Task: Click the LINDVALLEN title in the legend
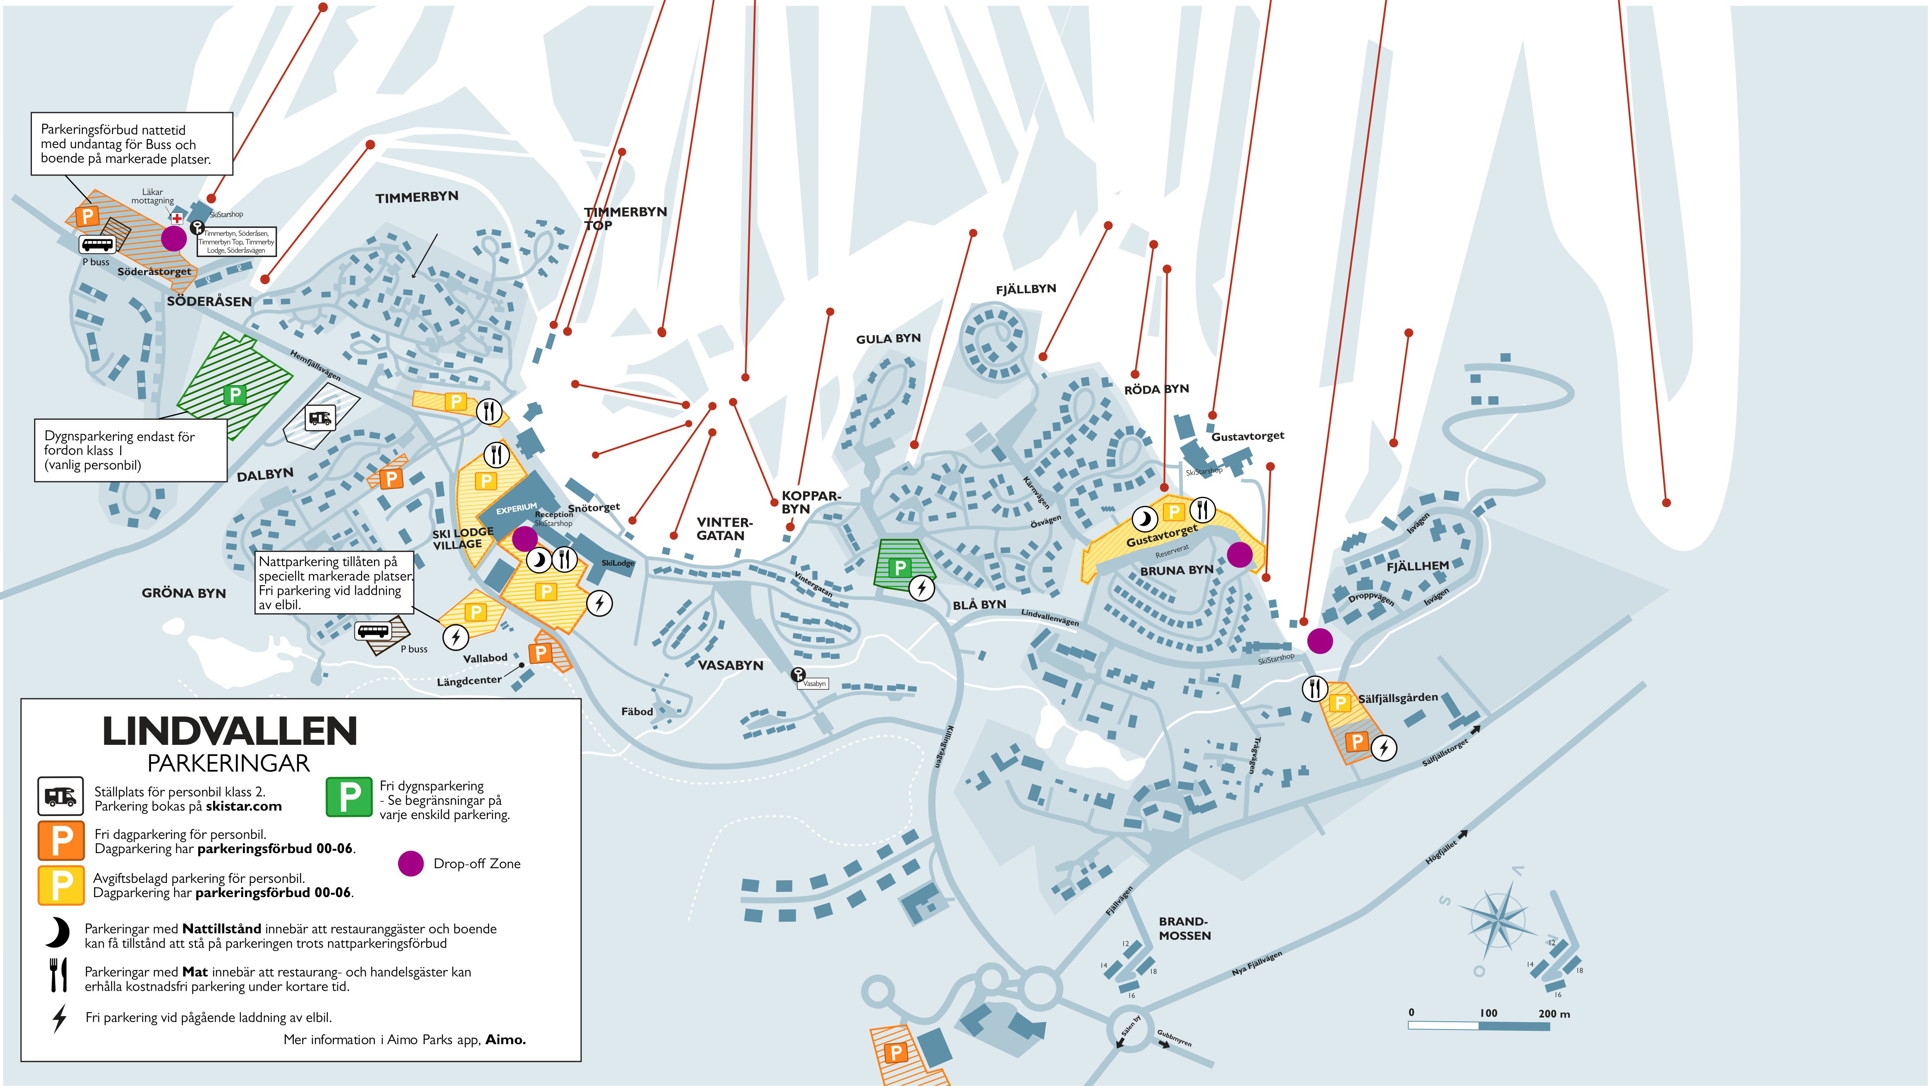tap(230, 731)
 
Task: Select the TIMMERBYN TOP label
tap(625, 218)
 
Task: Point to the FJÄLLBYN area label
tap(1025, 289)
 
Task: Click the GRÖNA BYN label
tap(183, 593)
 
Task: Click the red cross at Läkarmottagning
tap(177, 219)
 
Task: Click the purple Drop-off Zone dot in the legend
tap(410, 863)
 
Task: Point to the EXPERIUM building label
tap(516, 509)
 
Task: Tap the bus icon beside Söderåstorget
tap(97, 245)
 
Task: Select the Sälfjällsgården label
tap(1397, 697)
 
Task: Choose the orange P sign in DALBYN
tap(391, 478)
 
